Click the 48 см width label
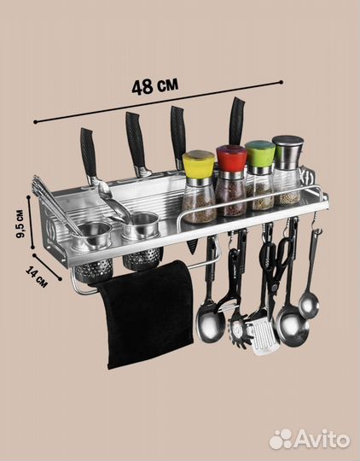155,86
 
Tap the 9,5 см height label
20,224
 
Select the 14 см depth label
37,277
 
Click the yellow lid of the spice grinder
199,163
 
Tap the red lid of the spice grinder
231,158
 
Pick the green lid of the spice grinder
260,153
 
